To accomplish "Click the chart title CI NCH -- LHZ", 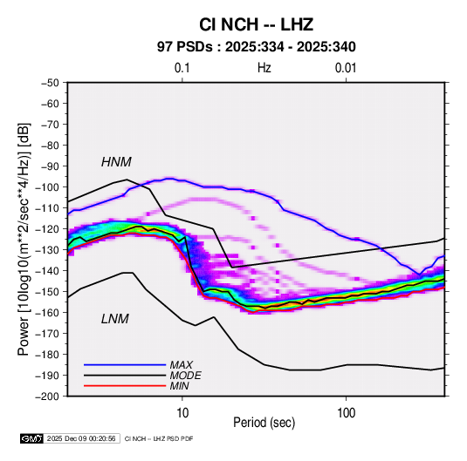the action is coord(256,24).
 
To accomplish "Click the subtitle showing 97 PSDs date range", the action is coord(256,47).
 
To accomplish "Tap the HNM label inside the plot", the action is coord(116,162).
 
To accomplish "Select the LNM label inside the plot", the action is coord(115,319).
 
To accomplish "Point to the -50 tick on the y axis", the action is coord(50,83).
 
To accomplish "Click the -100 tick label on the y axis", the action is coord(47,187).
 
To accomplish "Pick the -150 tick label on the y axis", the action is coord(47,292).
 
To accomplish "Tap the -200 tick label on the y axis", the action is coord(47,397).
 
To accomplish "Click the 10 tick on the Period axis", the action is coord(182,413).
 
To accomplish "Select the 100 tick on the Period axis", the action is coord(346,413).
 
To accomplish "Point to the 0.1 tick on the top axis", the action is coord(182,68).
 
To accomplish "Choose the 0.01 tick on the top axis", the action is coord(346,68).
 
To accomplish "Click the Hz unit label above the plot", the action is coord(264,68).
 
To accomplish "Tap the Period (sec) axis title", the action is coord(264,423).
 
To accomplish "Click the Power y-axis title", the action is coord(24,239).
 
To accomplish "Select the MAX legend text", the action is coord(181,365).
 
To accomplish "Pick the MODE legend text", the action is coord(185,376).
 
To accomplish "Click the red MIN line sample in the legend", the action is coord(125,386).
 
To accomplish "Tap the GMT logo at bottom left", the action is coord(32,438).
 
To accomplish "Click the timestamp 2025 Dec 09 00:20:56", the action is coord(81,438).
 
